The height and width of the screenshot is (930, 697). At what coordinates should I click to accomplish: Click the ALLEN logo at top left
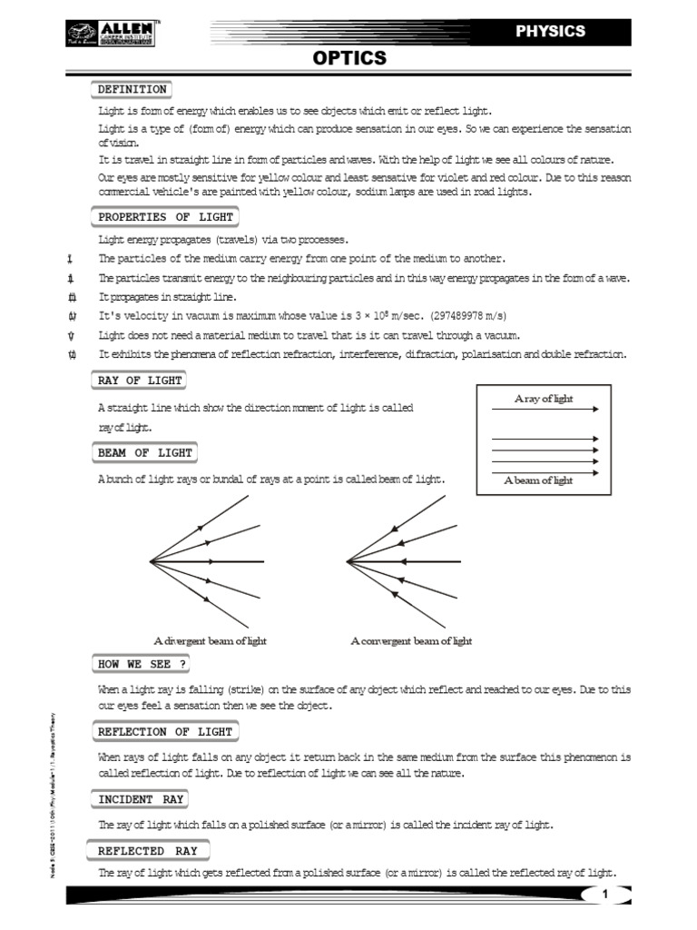[110, 35]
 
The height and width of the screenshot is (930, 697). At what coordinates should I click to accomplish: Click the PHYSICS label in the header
[550, 31]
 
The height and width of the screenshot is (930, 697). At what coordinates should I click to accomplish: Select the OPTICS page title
[349, 59]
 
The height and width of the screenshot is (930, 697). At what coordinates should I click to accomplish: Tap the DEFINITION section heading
[132, 89]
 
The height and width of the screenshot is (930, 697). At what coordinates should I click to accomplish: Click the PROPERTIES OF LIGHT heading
[165, 217]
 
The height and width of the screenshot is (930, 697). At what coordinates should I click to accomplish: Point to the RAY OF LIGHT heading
[140, 380]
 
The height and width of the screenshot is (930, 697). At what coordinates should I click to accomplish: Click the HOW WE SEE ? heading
[140, 664]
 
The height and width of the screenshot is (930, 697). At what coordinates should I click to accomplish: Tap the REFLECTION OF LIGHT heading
[165, 731]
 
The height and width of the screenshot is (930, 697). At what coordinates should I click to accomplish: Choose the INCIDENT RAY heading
[141, 799]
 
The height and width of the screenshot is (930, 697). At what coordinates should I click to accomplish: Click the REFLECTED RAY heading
[147, 851]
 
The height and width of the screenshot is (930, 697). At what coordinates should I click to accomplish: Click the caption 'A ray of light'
[544, 399]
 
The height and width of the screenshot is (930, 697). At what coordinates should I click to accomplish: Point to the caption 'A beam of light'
[538, 480]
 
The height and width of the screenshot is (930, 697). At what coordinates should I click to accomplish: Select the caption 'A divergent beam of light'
[210, 640]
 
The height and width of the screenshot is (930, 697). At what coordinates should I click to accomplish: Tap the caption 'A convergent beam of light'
[411, 640]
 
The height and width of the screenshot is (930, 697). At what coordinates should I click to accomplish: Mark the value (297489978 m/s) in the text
[457, 315]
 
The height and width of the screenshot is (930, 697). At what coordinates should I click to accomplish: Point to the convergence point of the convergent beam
[348, 561]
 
